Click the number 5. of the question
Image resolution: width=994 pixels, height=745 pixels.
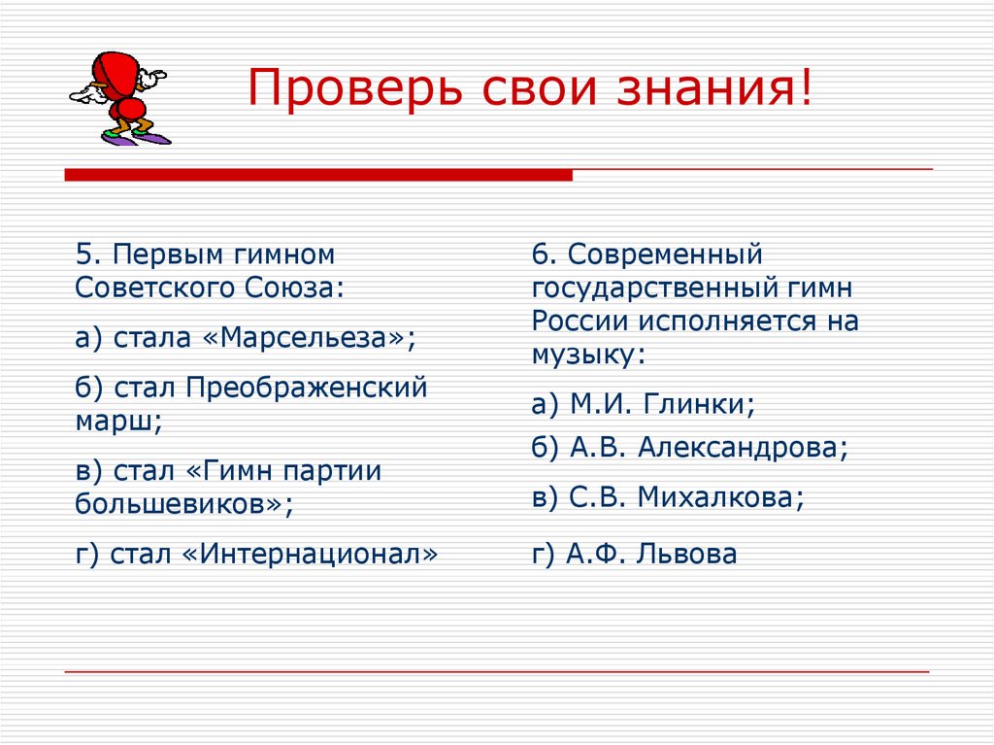click(87, 254)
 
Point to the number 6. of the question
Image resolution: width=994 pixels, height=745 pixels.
click(543, 254)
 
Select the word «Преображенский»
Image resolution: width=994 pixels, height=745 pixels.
click(307, 388)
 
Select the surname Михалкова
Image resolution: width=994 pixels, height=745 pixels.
click(719, 497)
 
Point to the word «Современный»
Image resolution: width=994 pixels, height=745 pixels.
click(666, 254)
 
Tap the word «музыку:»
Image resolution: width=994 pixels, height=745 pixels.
click(588, 355)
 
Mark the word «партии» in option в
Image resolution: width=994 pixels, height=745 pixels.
click(333, 471)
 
